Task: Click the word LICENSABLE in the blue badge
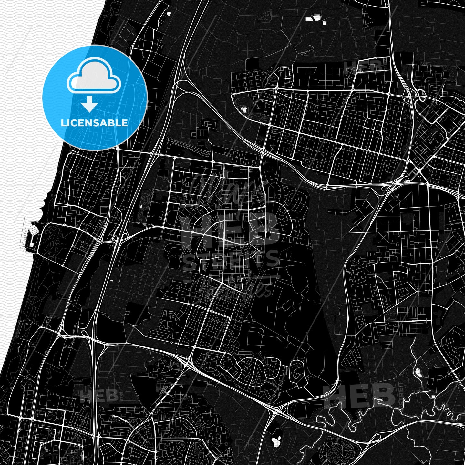[x=94, y=123]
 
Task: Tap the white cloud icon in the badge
[x=94, y=76]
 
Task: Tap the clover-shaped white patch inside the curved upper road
[x=244, y=109]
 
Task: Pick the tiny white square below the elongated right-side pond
[x=433, y=396]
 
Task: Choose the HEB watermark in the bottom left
[x=98, y=395]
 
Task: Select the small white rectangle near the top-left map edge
[x=168, y=13]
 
